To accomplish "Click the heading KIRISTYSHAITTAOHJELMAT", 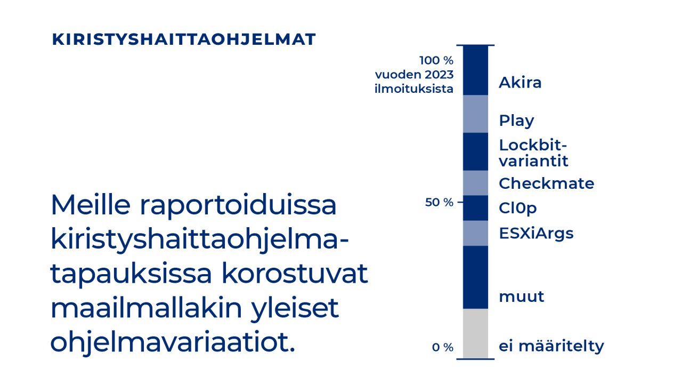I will click(x=184, y=39).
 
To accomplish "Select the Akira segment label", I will click(x=520, y=83).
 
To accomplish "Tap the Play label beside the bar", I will click(x=516, y=121).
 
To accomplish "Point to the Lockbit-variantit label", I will click(x=533, y=153).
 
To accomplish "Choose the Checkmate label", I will click(x=546, y=183).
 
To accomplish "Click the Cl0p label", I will click(x=517, y=208).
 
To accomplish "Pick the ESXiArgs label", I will click(x=536, y=233).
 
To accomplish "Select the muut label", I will click(x=521, y=297).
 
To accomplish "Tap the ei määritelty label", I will click(x=551, y=346).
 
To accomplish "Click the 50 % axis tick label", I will click(x=439, y=203).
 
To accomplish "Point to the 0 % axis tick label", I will click(x=442, y=348).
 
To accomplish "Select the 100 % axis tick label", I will click(x=436, y=60).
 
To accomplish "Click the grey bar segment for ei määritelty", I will click(x=475, y=333).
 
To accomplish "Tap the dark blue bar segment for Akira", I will click(x=475, y=70).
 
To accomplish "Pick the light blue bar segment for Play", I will click(x=475, y=114).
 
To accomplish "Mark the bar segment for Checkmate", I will click(x=475, y=183).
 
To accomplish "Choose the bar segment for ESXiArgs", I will click(x=475, y=233).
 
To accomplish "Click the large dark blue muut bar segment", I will click(x=475, y=277).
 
